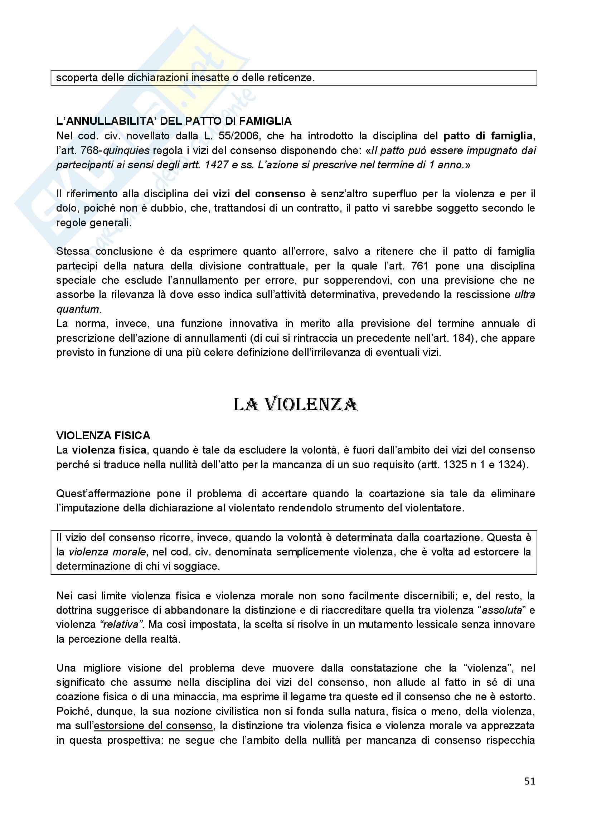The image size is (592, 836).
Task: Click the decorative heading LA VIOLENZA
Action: pos(296,405)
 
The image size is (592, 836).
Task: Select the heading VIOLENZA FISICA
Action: pos(103,435)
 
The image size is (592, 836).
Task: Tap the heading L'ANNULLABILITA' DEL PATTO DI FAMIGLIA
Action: pos(174,121)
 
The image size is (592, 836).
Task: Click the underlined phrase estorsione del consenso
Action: pos(153,726)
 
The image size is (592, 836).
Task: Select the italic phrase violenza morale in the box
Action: pos(107,552)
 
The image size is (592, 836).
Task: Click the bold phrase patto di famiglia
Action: pos(488,136)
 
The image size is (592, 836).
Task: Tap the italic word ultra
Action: pos(525,295)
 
